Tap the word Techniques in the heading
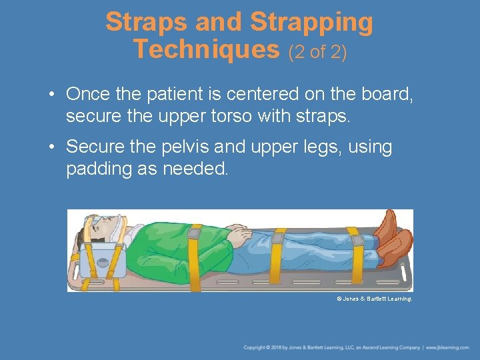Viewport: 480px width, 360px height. tap(205, 49)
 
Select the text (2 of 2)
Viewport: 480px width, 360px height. tap(317, 51)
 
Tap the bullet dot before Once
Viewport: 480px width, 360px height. tap(52, 95)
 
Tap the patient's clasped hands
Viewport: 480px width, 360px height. tap(237, 233)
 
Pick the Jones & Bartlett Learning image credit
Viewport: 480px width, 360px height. tap(374, 299)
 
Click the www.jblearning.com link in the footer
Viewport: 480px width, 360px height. tap(449, 348)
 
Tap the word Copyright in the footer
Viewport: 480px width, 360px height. tap(255, 348)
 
